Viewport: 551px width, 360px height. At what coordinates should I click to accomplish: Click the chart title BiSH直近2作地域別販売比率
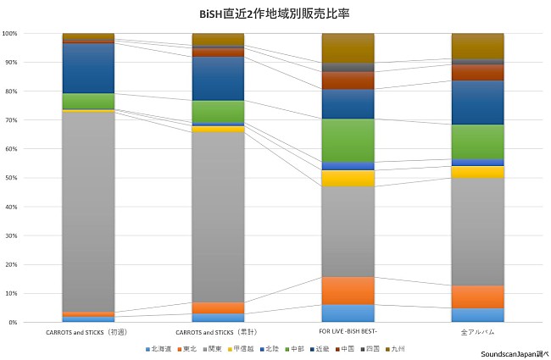pos(275,14)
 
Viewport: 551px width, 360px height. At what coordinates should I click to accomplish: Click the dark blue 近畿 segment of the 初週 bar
pos(88,68)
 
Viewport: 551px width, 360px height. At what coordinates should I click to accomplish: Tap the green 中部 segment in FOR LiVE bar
pos(348,140)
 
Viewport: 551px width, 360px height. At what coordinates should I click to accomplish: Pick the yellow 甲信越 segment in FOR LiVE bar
pos(348,178)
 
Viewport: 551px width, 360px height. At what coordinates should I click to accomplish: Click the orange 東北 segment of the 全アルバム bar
pos(477,296)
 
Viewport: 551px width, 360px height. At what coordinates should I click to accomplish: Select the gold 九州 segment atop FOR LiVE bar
pos(348,47)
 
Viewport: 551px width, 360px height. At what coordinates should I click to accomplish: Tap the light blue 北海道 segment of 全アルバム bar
pos(477,315)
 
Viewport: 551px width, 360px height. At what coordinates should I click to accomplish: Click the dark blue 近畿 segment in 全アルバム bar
pos(477,102)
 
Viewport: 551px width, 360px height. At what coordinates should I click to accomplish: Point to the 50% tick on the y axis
pos(10,178)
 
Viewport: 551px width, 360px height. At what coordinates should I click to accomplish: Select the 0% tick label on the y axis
pos(12,323)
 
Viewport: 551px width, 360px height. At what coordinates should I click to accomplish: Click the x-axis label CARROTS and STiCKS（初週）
pos(88,333)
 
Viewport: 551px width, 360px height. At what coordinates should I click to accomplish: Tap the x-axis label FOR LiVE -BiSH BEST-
pos(348,333)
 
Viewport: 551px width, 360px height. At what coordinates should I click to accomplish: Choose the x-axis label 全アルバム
pos(477,333)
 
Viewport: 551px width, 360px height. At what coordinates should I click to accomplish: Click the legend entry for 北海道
pos(158,348)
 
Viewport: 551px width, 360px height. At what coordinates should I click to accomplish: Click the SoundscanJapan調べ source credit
pos(514,353)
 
